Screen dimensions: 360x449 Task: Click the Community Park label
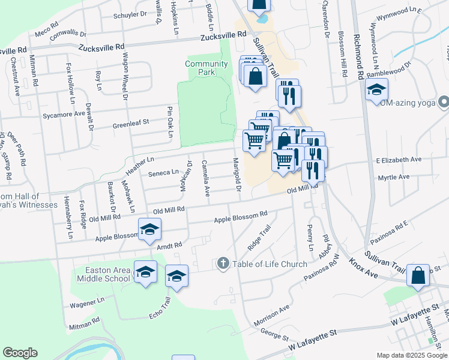[206, 68]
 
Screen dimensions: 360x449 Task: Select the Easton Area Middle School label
[103, 274]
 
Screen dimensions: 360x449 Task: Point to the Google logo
[20, 353]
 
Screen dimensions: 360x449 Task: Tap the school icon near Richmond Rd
[377, 90]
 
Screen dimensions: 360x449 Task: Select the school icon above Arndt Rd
[149, 229]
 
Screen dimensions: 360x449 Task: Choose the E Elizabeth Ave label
[399, 160]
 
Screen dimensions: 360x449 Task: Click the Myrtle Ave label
[394, 178]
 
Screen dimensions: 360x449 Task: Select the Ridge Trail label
[259, 239]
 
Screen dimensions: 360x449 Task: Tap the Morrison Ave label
[271, 313]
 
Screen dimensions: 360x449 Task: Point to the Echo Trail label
[161, 312]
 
